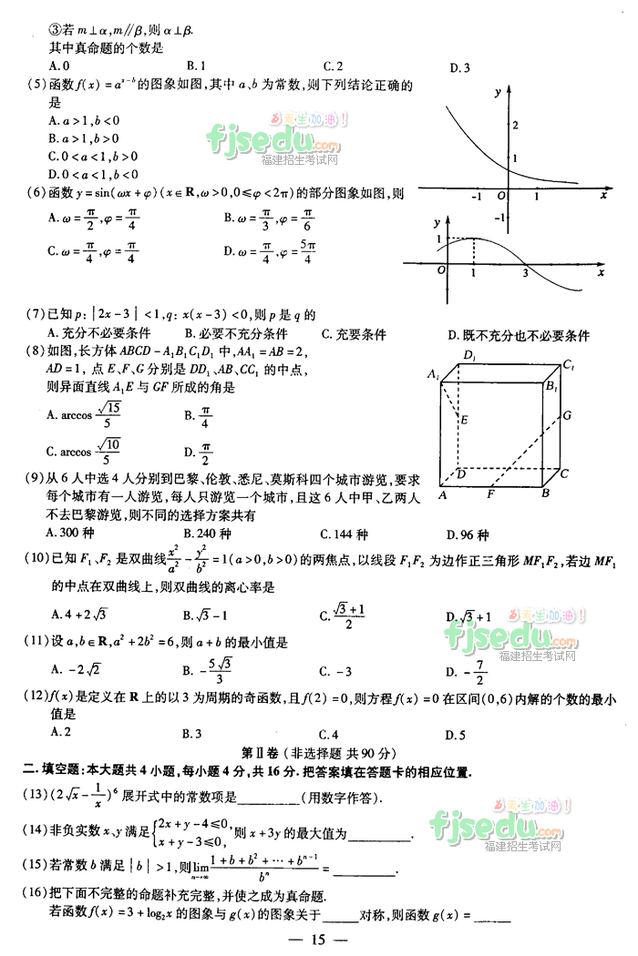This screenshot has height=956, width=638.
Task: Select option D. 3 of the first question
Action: pos(459,67)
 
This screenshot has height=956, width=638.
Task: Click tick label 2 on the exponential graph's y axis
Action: pos(516,123)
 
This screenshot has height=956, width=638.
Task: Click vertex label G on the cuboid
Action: pos(566,415)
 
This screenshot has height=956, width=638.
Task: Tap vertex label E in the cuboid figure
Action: pos(465,420)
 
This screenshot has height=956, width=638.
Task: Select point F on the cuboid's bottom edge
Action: pos(490,494)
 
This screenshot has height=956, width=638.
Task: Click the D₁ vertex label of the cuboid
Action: pos(469,354)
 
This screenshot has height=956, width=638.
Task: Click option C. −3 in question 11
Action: pos(334,672)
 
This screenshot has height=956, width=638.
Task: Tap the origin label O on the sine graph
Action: pos(441,271)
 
